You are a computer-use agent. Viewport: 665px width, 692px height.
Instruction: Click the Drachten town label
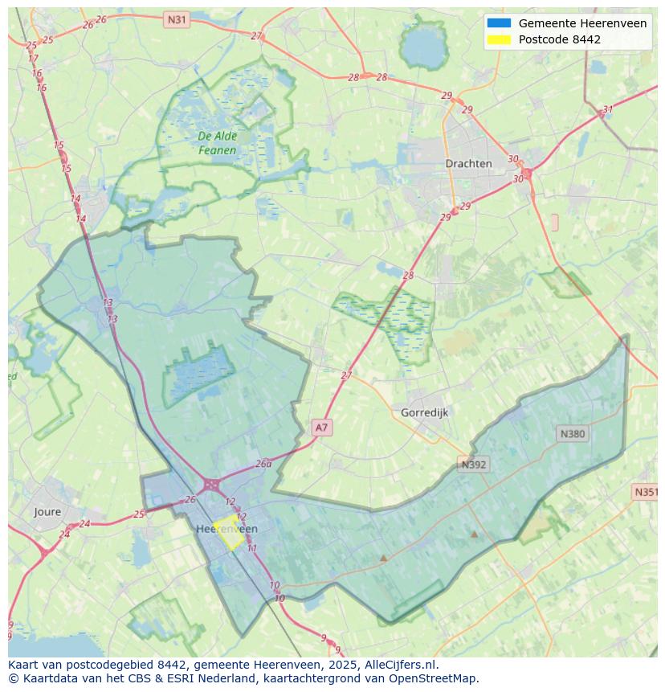pos(468,163)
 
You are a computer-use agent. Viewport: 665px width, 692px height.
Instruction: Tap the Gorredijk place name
pos(424,412)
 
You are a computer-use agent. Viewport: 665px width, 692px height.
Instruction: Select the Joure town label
pos(47,511)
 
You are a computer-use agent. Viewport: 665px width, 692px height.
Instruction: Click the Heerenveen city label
pos(226,529)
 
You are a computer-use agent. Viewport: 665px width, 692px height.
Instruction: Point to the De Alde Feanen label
pos(218,143)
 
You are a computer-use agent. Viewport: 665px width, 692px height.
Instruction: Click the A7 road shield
pos(321,428)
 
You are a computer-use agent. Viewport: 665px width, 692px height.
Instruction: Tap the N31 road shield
pos(177,18)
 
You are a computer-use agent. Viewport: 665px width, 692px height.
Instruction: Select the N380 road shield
pos(572,433)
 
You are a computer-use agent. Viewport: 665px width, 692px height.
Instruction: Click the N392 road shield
pos(474,464)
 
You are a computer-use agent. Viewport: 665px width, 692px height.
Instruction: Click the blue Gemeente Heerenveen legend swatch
pos(498,23)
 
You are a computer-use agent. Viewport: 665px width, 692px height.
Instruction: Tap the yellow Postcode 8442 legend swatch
pos(498,39)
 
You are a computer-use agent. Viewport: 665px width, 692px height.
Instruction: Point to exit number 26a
pos(263,464)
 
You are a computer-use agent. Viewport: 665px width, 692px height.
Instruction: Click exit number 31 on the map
pos(608,110)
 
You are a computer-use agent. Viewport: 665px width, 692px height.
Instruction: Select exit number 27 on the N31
pos(256,36)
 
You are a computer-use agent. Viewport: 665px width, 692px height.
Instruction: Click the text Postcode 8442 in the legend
pos(559,39)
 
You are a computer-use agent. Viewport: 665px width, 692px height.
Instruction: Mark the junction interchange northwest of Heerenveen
pos(211,485)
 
